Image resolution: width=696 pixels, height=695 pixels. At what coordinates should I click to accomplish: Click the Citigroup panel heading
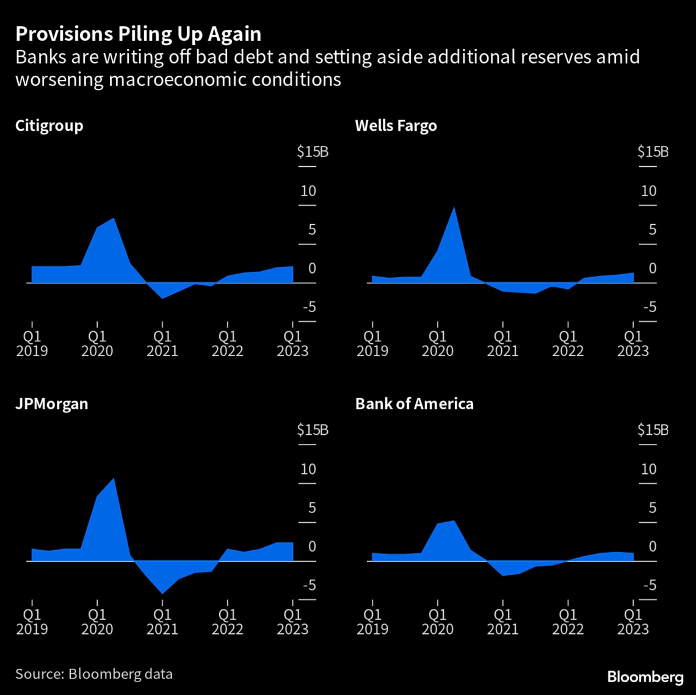49,126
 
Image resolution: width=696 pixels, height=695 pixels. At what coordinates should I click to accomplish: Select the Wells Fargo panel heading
396,126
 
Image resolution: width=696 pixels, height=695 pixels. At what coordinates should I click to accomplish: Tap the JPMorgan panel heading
51,404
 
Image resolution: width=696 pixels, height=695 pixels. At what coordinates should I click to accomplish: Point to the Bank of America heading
414,404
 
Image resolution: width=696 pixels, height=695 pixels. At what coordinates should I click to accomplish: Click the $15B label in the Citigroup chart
313,151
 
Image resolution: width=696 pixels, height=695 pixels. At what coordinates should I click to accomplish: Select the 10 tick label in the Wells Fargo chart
648,191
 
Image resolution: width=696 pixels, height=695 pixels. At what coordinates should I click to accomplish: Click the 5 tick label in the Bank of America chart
652,508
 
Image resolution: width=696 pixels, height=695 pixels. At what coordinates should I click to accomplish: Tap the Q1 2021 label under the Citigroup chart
162,343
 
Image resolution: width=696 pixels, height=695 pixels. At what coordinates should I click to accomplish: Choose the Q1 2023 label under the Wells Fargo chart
633,343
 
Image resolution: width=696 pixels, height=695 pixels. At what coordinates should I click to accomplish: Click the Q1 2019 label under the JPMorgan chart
32,621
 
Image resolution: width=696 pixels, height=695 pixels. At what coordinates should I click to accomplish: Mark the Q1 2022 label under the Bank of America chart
568,621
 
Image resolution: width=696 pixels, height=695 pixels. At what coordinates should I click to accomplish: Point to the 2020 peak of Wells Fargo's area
454,208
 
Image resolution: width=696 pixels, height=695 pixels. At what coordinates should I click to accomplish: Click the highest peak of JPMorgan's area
114,478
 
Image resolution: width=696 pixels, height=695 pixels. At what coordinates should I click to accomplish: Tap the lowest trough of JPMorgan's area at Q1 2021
162,592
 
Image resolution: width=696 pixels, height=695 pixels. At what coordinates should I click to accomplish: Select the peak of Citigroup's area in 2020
114,219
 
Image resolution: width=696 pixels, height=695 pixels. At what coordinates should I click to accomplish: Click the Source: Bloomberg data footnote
94,674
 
